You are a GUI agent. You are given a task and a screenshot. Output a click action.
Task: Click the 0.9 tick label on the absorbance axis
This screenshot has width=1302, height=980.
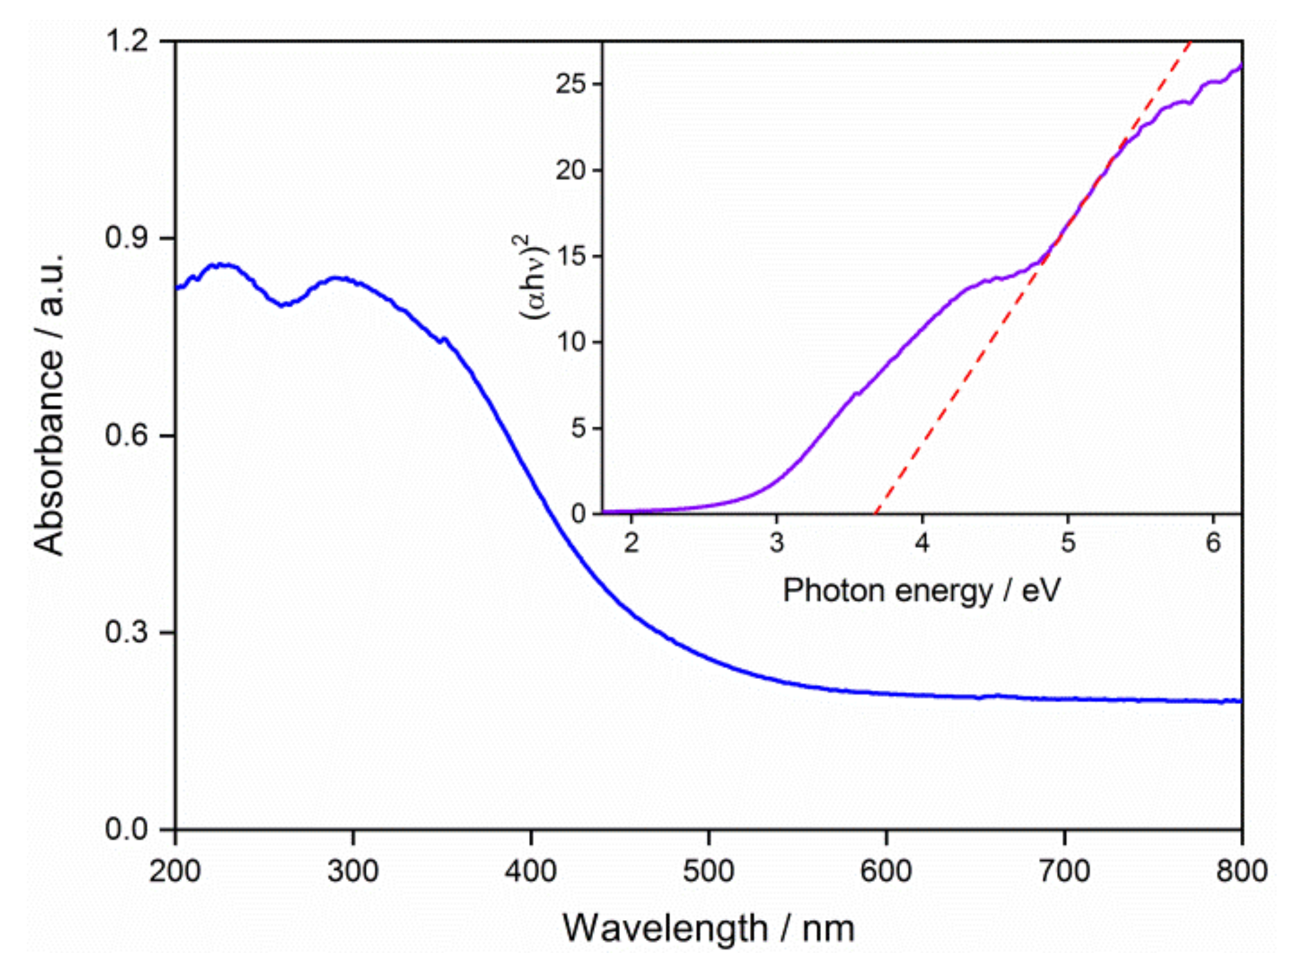click(128, 238)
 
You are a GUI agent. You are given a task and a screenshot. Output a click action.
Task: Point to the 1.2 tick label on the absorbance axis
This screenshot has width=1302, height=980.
click(128, 41)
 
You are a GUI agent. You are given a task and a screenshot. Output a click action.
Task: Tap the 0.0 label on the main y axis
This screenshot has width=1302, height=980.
click(128, 829)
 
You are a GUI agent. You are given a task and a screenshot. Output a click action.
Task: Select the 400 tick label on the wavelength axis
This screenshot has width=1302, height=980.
click(531, 871)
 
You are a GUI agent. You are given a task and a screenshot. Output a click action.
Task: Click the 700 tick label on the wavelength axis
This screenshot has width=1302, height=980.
click(1064, 871)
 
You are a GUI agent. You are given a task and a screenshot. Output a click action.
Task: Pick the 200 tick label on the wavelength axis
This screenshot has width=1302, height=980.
click(175, 871)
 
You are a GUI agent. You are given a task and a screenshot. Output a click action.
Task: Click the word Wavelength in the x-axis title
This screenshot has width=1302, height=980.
click(665, 929)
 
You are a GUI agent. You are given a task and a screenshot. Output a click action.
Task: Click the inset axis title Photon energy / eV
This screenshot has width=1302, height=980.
click(921, 590)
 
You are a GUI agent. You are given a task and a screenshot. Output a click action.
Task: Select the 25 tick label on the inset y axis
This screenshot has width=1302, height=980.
click(571, 84)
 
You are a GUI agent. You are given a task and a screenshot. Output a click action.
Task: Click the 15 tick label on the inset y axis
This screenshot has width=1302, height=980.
click(571, 256)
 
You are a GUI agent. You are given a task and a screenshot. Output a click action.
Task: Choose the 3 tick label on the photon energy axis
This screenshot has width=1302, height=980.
click(777, 543)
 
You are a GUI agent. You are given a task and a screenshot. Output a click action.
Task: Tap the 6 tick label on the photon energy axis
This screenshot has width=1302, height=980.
click(1213, 543)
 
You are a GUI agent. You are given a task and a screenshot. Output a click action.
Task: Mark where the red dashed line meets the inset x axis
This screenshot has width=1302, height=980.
click(876, 512)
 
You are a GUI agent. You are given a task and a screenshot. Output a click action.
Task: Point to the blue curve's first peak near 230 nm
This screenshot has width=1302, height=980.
click(223, 265)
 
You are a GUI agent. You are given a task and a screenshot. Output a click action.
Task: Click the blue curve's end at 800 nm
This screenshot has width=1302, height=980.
click(1241, 701)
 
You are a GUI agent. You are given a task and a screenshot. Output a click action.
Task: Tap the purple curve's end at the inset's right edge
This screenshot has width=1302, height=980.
click(1241, 66)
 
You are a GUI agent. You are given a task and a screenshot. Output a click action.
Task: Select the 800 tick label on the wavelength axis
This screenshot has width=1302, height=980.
click(1241, 871)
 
